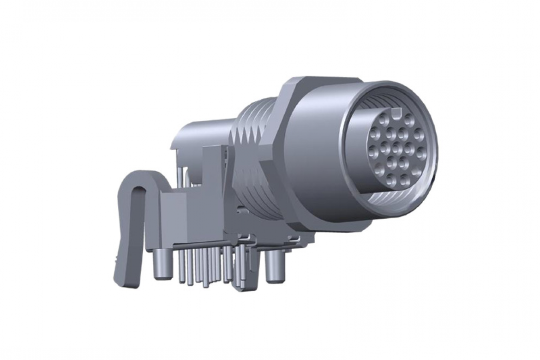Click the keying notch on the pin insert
point(396,112)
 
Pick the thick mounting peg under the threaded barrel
point(274,268)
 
